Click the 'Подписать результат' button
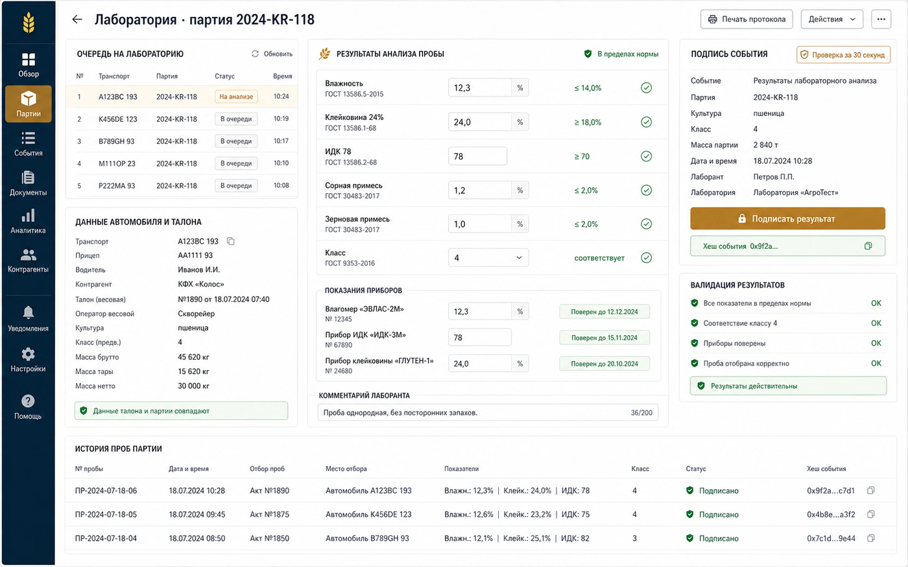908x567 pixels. (787, 219)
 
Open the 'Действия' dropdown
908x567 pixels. (831, 19)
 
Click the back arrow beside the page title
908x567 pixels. (77, 19)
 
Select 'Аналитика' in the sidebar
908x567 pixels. (28, 222)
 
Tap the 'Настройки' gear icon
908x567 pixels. (28, 354)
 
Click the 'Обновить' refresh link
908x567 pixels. (272, 54)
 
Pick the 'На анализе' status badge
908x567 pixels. (236, 97)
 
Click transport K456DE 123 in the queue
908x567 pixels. (118, 119)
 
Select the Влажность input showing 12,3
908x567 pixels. (479, 88)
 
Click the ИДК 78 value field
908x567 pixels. (477, 156)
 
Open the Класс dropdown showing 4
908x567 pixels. (488, 258)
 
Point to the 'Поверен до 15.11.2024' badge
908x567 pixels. (604, 338)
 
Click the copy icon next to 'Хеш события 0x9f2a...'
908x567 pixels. (868, 246)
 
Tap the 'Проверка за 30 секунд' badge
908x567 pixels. (843, 54)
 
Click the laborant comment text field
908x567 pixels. (488, 413)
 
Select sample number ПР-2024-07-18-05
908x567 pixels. (106, 515)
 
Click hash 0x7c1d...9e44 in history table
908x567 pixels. (831, 538)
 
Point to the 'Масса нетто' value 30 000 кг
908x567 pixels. (193, 386)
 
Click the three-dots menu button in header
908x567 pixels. (881, 19)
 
